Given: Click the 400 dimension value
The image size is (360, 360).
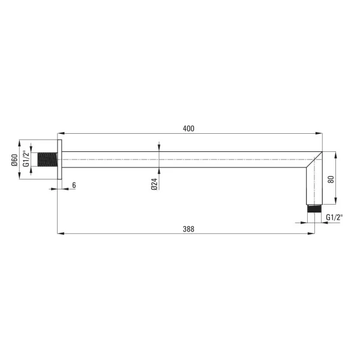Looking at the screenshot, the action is pos(188,128).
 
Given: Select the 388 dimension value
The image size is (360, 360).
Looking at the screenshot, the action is pos(188,229).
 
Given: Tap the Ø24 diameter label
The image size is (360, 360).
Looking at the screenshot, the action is pos(155,184).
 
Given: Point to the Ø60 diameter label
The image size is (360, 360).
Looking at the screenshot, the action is pos(14,160).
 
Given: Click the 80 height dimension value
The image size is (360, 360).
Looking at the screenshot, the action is pos(331,179).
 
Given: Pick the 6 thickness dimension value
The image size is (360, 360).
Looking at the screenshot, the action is pos(74,185).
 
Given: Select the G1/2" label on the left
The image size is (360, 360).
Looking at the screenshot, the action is pos(26,158).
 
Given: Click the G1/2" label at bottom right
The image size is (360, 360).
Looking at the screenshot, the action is pos(334,217).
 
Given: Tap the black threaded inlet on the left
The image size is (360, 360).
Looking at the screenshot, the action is pos(47,160).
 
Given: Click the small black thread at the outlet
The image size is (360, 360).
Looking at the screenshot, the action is pos(314,209).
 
